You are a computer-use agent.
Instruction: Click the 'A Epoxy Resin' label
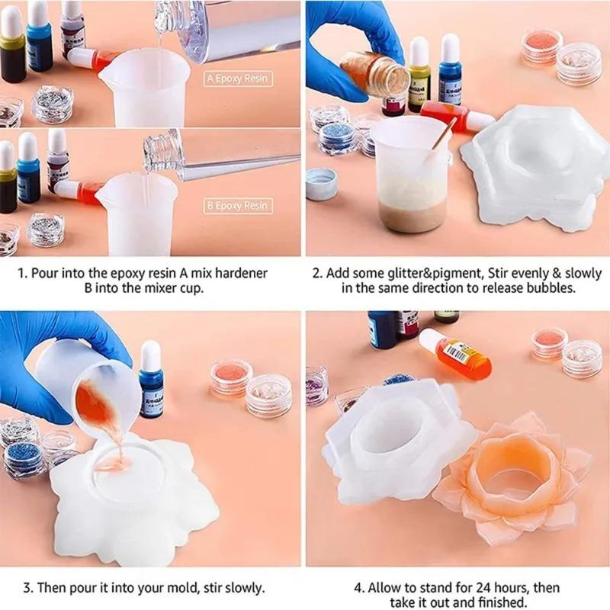click(236, 78)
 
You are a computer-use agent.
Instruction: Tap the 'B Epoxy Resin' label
click(236, 205)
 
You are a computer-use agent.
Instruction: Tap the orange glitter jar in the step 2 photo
click(542, 45)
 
